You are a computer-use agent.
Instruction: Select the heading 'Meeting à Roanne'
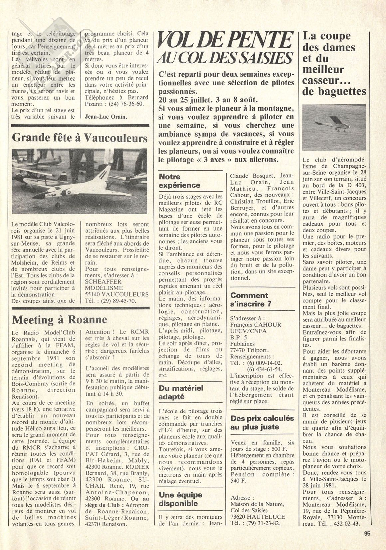pyautogui.click(x=60, y=319)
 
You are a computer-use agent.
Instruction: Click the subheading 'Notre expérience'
pyautogui.click(x=179, y=181)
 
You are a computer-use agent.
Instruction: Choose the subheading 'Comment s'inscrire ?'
pyautogui.click(x=249, y=299)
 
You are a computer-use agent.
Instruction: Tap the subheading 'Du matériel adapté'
pyautogui.click(x=181, y=392)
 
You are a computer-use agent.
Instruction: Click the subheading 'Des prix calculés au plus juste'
pyautogui.click(x=262, y=423)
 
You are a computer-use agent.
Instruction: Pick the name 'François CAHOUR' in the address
pyautogui.click(x=256, y=324)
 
